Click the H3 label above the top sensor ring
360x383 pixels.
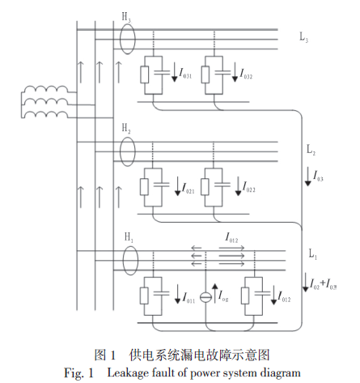click(x=126, y=18)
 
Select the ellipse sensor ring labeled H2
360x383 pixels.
click(x=120, y=151)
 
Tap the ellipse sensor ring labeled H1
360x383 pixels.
click(x=123, y=261)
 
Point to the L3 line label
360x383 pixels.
click(x=304, y=37)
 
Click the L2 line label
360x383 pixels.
click(x=311, y=150)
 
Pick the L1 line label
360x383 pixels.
click(x=313, y=254)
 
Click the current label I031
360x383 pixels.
click(x=185, y=74)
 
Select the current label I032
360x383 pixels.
click(x=246, y=74)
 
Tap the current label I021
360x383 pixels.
click(x=188, y=188)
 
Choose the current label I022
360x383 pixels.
click(x=249, y=187)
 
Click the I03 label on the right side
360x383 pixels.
click(x=318, y=176)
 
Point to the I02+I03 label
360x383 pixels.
click(x=324, y=284)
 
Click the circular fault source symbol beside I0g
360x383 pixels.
click(x=205, y=297)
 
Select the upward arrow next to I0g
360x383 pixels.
click(x=214, y=293)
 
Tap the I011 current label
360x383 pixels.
click(x=188, y=298)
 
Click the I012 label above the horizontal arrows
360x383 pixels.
click(x=231, y=238)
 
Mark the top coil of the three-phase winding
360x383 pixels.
click(x=46, y=89)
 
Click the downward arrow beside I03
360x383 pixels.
click(x=307, y=177)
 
